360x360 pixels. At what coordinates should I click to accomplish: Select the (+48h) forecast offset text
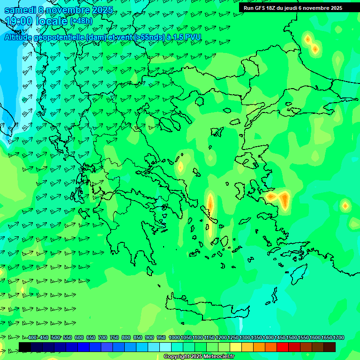click(x=81, y=21)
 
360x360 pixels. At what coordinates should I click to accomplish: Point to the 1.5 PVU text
click(x=183, y=37)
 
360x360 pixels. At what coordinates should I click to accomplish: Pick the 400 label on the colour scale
click(x=32, y=338)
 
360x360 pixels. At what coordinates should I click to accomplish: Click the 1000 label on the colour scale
click(x=174, y=338)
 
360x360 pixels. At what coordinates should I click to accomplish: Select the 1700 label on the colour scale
click(x=338, y=338)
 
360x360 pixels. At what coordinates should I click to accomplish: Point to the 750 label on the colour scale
click(x=114, y=338)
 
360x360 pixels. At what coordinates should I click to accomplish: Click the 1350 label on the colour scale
click(x=256, y=338)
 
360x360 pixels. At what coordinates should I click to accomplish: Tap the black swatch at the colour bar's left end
click(x=25, y=347)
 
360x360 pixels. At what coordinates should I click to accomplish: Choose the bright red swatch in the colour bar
click(x=283, y=347)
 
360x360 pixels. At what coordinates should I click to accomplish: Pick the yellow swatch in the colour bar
click(x=236, y=347)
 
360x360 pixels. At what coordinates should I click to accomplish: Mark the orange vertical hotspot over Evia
click(x=210, y=205)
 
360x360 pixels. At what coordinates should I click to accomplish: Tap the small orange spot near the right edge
click(x=345, y=205)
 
